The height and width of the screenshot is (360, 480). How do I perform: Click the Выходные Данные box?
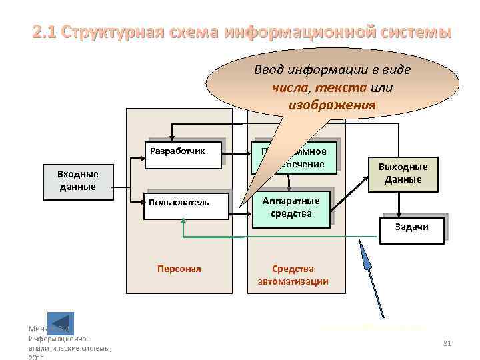click(403, 173)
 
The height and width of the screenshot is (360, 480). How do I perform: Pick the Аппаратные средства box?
click(291, 207)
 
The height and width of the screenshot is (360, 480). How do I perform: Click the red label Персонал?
click(179, 269)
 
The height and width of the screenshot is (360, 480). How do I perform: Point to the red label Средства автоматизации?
click(293, 275)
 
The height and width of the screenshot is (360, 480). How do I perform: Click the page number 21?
click(447, 343)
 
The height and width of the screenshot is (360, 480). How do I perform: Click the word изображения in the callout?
click(332, 105)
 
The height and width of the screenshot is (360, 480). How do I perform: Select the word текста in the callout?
click(341, 87)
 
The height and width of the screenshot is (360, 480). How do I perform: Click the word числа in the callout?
click(290, 87)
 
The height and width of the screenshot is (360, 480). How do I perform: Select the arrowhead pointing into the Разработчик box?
click(143, 159)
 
